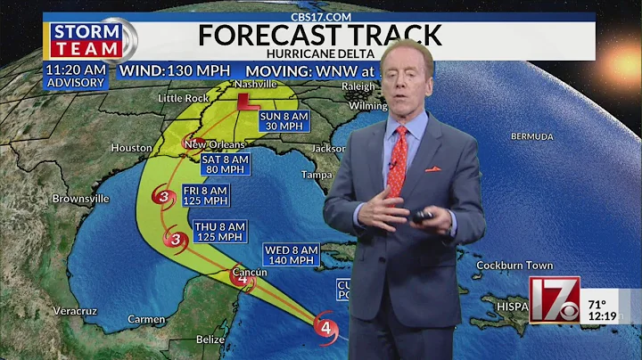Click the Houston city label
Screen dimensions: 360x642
(x=132, y=147)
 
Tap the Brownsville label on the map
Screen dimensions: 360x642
(x=81, y=198)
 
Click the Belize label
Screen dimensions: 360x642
(x=210, y=339)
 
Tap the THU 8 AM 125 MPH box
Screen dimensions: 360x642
(x=218, y=232)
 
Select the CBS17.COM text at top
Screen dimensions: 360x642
(x=320, y=16)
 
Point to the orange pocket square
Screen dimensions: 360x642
(x=432, y=168)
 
